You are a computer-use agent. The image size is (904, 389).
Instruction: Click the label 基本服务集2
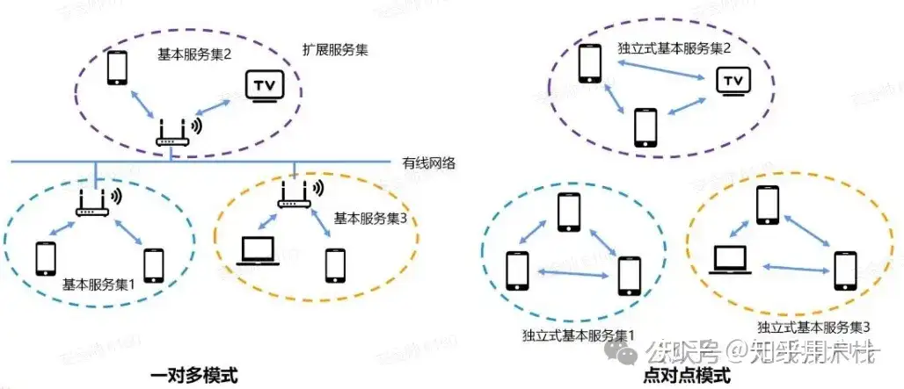(x=194, y=54)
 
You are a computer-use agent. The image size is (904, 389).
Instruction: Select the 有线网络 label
(x=428, y=163)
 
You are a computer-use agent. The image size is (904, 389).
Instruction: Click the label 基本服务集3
(x=370, y=217)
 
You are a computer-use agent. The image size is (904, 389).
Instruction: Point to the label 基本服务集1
(x=98, y=285)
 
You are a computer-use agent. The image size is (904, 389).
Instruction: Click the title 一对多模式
(x=193, y=375)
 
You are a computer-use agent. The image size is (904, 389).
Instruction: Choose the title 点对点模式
(x=687, y=376)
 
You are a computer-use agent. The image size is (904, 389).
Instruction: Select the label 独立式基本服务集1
(x=579, y=335)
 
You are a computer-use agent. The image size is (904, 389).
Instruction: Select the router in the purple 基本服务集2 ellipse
(x=171, y=133)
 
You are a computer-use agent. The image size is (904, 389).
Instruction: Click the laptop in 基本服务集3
(x=259, y=252)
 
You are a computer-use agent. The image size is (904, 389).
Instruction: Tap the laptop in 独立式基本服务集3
(x=732, y=258)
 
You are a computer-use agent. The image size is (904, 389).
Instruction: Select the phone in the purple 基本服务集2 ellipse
(x=116, y=68)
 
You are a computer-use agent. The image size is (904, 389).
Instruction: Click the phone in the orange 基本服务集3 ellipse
(x=334, y=263)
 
